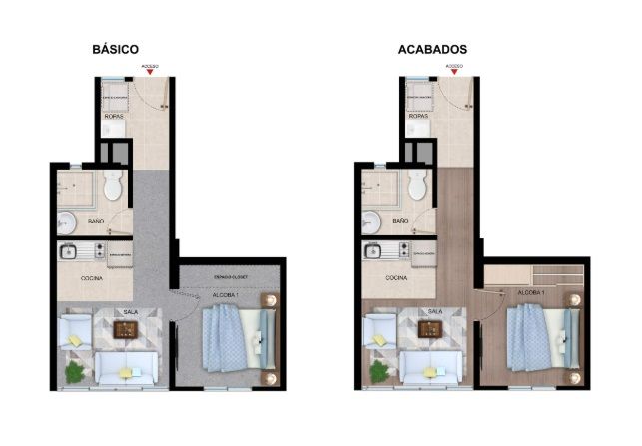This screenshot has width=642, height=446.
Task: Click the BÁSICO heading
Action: point(114,48)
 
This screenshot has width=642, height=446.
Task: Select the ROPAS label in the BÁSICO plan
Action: point(113,118)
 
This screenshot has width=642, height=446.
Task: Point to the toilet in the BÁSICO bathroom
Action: point(112,184)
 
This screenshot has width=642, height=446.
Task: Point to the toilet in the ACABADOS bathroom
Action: point(418,184)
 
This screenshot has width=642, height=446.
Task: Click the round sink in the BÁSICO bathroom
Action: point(67,221)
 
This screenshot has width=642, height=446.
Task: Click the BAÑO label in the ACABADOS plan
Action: point(401,219)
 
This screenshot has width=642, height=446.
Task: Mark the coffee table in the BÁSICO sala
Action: point(126,329)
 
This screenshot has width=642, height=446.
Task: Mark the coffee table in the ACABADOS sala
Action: point(432,329)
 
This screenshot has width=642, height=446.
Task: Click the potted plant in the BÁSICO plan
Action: point(73,372)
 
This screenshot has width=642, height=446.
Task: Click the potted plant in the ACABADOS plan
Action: point(379,372)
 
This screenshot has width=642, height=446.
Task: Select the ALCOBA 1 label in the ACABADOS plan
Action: point(530,292)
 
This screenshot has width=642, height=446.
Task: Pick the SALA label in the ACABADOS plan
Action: point(434,311)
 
